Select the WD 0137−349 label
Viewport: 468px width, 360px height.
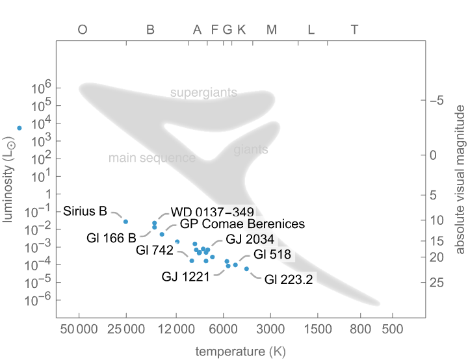pyautogui.click(x=211, y=212)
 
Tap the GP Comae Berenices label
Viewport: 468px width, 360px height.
pyautogui.click(x=242, y=224)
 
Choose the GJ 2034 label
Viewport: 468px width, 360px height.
pyautogui.click(x=250, y=238)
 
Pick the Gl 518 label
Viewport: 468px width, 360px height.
pyautogui.click(x=272, y=254)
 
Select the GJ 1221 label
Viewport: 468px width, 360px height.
pyautogui.click(x=185, y=277)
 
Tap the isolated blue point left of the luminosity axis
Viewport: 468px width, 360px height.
pyautogui.click(x=19, y=128)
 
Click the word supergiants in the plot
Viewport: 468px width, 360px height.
pyautogui.click(x=203, y=92)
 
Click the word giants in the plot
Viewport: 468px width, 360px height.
pyautogui.click(x=250, y=150)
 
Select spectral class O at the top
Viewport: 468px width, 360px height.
pyautogui.click(x=83, y=29)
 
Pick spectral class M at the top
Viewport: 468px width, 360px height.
pyautogui.click(x=272, y=29)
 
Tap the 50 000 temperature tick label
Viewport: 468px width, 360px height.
pyautogui.click(x=79, y=330)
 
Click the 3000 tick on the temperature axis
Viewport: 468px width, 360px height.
pyautogui.click(x=270, y=330)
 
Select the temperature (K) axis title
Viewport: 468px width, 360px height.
pyautogui.click(x=240, y=352)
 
